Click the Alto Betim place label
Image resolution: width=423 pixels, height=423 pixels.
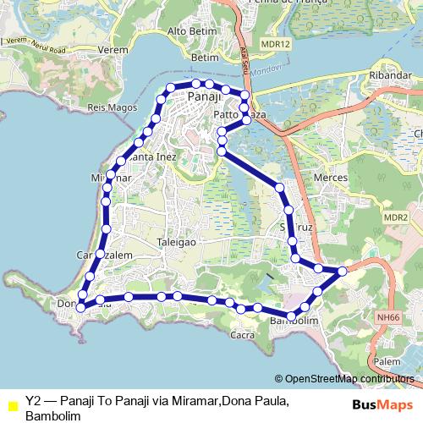[189, 31]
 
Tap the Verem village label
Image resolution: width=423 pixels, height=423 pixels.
[113, 50]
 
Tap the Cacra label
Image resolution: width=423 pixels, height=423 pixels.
[243, 335]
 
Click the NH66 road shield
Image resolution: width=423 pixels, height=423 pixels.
[389, 317]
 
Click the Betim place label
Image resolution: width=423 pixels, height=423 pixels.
[206, 58]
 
